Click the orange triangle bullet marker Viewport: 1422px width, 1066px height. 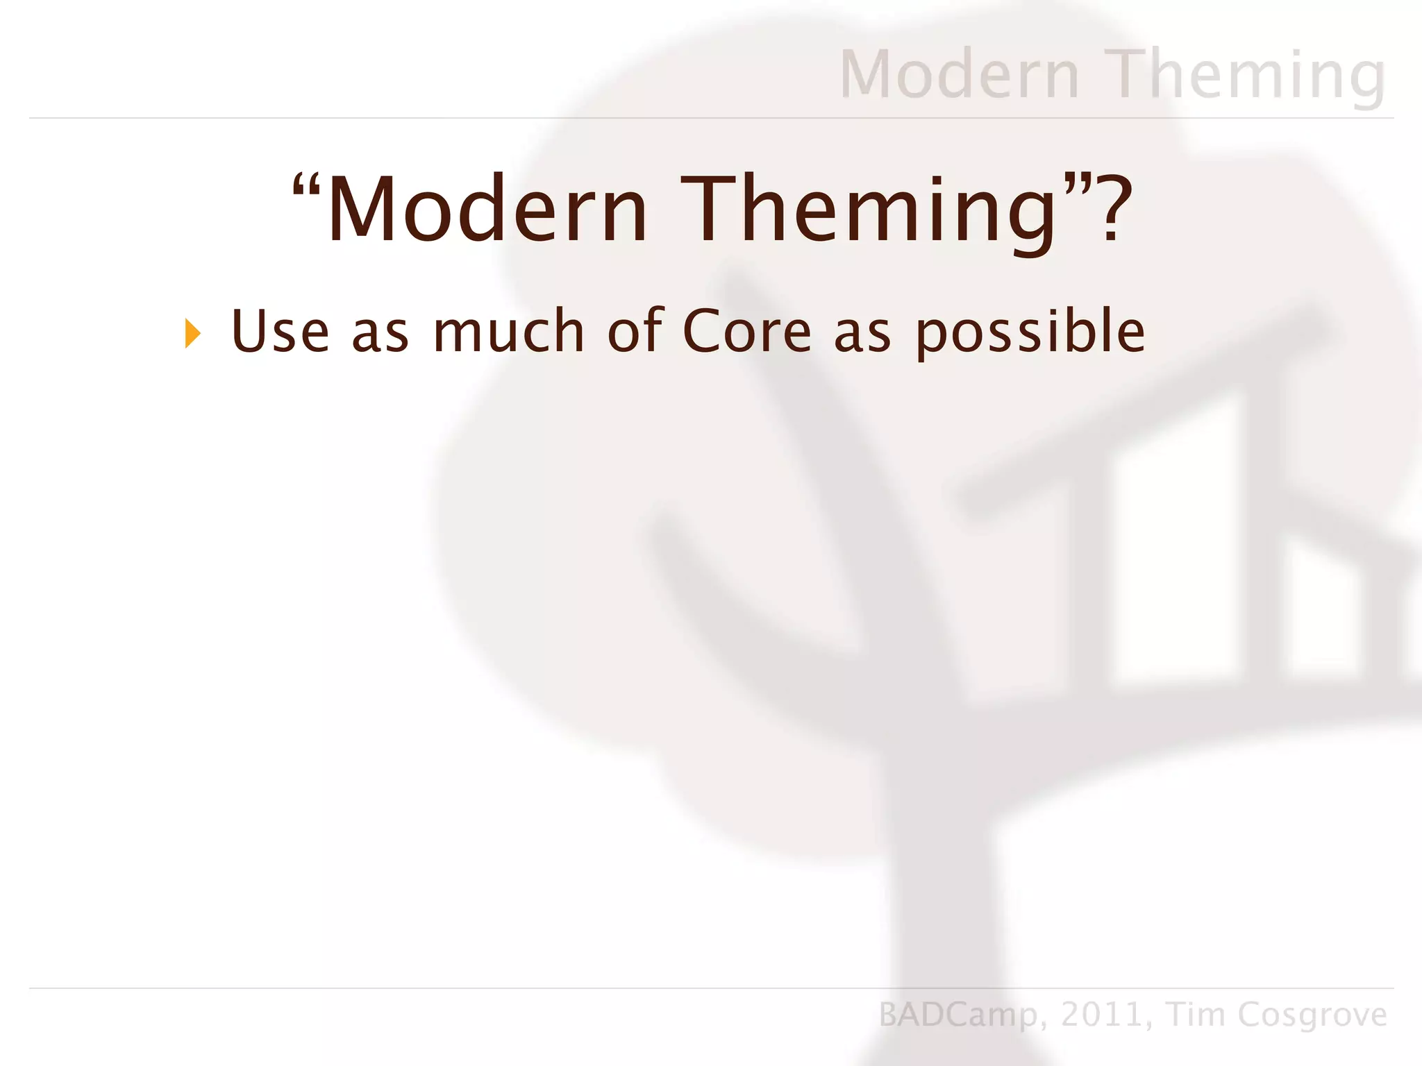(192, 334)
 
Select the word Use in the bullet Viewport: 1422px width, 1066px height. (280, 332)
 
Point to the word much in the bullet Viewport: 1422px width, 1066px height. (508, 332)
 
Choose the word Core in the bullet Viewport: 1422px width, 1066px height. (746, 332)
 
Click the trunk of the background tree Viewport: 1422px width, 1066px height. (937, 868)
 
